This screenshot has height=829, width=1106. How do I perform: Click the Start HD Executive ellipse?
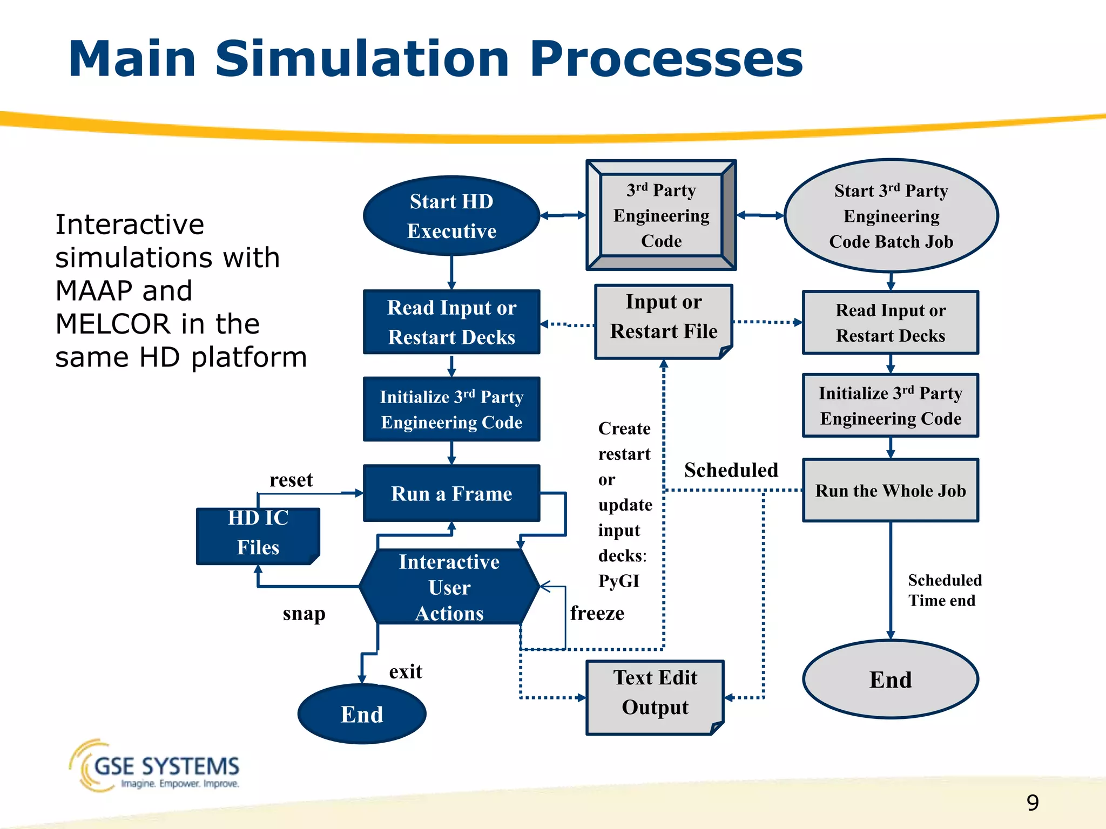click(x=451, y=216)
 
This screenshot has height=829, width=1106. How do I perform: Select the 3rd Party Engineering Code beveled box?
click(x=661, y=215)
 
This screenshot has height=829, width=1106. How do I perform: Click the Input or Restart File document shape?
click(x=664, y=321)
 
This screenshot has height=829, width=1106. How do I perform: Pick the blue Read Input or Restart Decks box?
click(x=451, y=322)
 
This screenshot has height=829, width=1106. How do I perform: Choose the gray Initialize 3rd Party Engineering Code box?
click(x=891, y=405)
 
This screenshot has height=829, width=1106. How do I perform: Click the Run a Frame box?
click(x=451, y=493)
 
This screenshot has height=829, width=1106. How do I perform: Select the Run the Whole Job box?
click(x=891, y=490)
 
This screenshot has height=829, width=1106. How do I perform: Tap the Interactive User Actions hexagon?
click(x=449, y=587)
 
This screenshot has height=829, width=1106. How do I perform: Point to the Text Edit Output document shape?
click(x=655, y=696)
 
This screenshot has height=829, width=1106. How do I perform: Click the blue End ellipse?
click(x=362, y=714)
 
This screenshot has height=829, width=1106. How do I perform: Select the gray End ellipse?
click(x=891, y=679)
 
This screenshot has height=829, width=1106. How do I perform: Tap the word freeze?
click(x=597, y=613)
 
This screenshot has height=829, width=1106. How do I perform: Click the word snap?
click(x=304, y=614)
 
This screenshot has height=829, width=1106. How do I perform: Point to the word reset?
click(x=291, y=480)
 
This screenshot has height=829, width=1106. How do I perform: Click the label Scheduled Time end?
click(x=945, y=590)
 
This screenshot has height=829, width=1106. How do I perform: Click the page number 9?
click(x=1033, y=803)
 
